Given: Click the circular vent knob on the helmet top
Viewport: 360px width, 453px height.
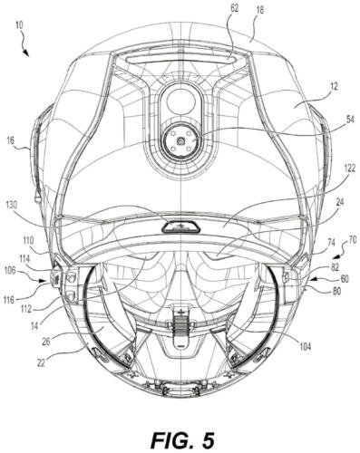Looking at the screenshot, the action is tap(180, 139).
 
